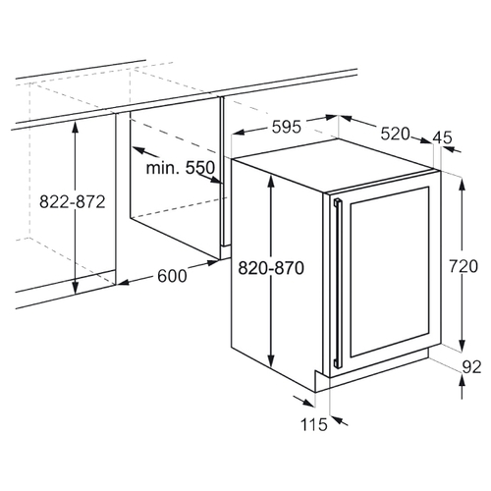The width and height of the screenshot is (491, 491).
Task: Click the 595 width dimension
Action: coord(286,127)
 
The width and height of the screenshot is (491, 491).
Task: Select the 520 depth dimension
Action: coord(395,134)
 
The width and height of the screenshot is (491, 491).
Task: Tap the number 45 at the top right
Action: coord(442,137)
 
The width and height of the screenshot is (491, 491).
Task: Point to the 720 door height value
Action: coord(464,266)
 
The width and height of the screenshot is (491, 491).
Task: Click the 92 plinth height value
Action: coord(471,367)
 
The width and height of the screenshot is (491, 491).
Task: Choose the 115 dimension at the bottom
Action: coord(314,424)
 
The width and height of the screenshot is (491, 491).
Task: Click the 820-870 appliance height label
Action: coord(271,268)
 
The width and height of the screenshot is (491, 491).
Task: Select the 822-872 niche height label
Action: coord(73,201)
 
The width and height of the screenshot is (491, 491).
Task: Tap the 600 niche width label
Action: coord(172,276)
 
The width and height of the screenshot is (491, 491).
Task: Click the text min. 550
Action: coord(181,168)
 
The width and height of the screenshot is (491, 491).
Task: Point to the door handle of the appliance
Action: coord(338,283)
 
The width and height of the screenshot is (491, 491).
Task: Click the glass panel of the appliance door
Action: coord(390,272)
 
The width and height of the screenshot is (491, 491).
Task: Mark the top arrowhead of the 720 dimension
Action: coord(462,184)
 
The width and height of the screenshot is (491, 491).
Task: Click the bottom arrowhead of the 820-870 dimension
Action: coord(271,360)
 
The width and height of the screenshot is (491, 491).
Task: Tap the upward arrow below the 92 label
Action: coord(462,387)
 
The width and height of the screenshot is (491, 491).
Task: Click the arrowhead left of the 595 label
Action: coord(239,133)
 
